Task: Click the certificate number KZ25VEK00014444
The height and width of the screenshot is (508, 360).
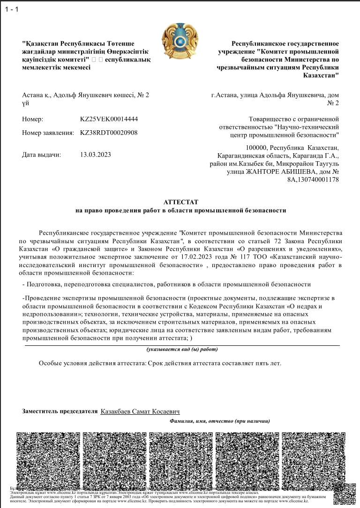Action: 109,119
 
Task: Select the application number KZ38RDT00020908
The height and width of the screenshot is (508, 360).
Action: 109,133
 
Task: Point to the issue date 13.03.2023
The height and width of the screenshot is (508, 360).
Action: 96,154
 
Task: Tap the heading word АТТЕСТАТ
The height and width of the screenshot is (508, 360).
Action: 180,202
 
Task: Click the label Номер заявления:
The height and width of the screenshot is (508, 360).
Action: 48,133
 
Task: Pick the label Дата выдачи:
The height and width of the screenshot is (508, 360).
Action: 41,154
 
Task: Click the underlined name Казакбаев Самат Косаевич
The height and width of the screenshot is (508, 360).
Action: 140,411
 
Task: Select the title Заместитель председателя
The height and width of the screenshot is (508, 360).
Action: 59,411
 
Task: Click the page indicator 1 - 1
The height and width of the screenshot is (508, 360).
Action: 11,9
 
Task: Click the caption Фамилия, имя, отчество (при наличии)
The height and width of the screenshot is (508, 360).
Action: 219,421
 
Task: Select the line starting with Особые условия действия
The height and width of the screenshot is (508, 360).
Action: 160,363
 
